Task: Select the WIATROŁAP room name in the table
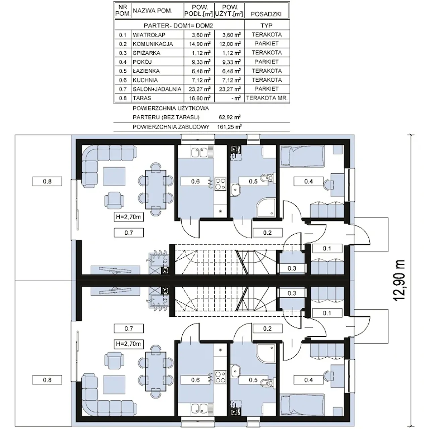tap(149, 35)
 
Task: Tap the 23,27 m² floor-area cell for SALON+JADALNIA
tap(199, 89)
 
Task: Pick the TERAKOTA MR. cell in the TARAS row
tap(267, 98)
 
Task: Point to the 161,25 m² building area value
tap(229, 127)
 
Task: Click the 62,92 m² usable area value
tap(230, 117)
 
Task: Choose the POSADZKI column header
tap(266, 14)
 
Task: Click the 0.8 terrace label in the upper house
tap(47, 181)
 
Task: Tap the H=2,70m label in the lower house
tap(128, 344)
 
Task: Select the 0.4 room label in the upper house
tap(308, 181)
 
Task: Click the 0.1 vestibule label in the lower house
tap(327, 313)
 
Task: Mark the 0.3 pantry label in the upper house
tap(292, 268)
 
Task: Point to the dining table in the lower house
tap(156, 371)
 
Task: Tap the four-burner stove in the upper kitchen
tap(220, 184)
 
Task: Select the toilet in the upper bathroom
tap(267, 178)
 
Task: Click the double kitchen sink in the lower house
tap(199, 409)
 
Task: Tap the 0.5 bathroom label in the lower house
tap(253, 380)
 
